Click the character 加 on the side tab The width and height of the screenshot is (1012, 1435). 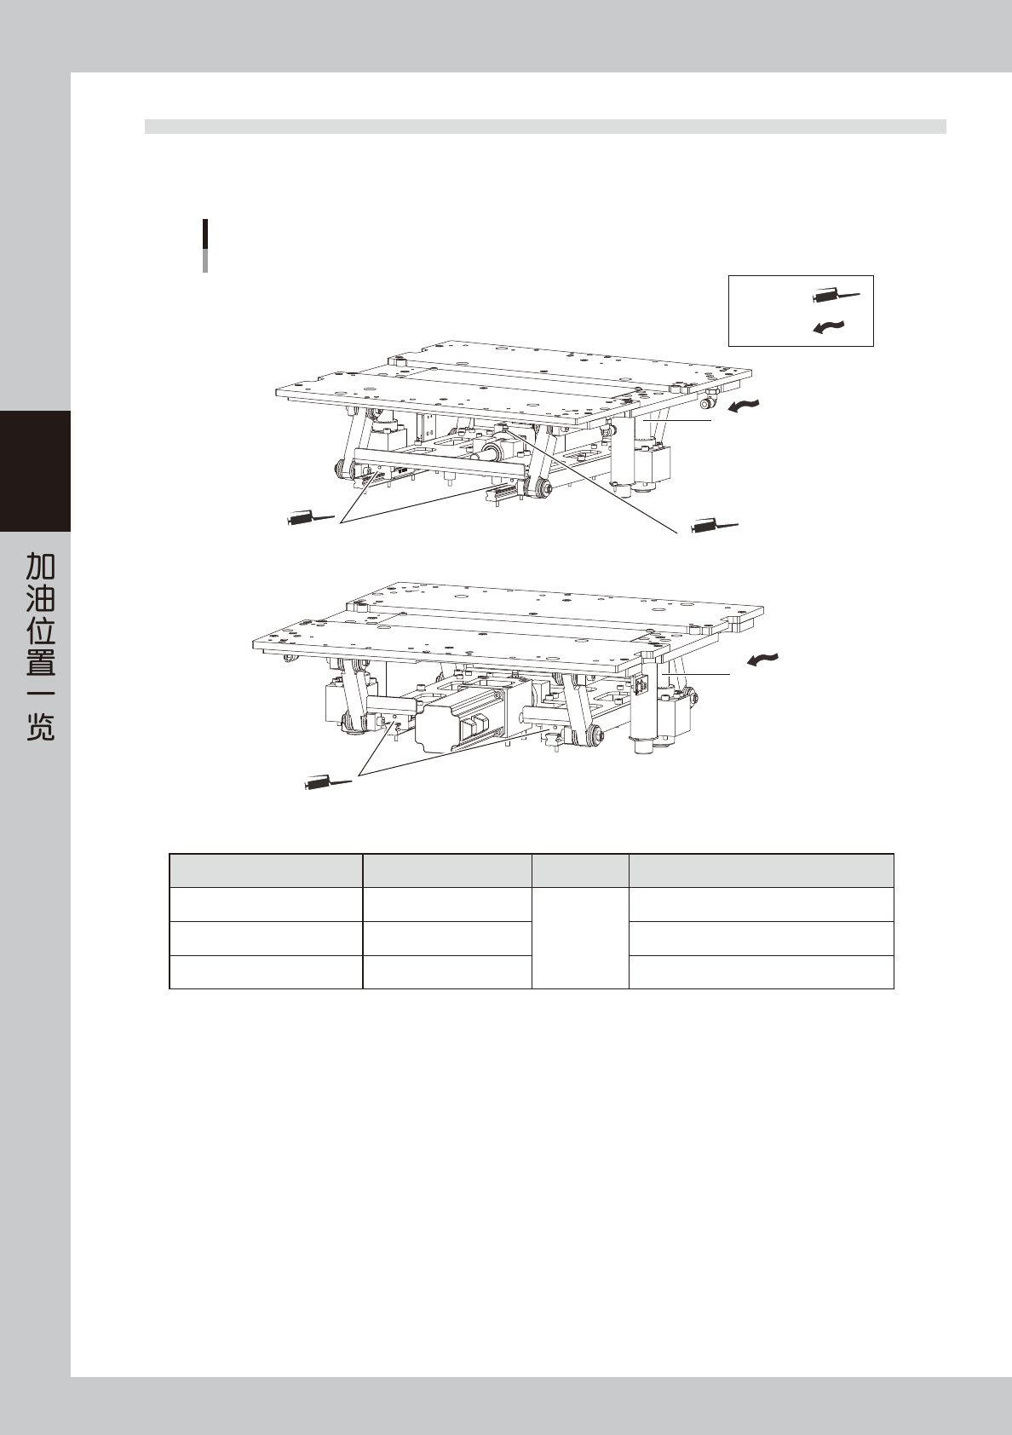coord(40,566)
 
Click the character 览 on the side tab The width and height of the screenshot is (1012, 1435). coord(40,727)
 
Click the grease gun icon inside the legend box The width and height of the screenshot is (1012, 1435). coord(837,297)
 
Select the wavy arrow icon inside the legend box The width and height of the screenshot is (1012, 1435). coord(829,326)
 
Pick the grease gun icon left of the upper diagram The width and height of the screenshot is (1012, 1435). coord(312,517)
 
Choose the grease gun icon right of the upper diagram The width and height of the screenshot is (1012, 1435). coord(715,526)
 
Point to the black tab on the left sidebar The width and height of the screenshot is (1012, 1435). coord(35,470)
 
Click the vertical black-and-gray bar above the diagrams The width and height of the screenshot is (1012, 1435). coord(205,245)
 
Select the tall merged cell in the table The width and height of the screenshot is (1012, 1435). coord(579,937)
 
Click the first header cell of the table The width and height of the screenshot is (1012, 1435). coord(266,870)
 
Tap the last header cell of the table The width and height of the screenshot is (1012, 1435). coord(761,870)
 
